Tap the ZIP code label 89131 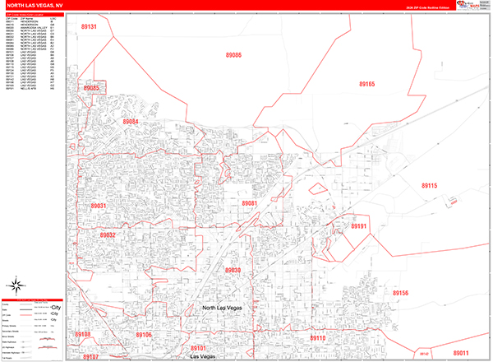click(87, 27)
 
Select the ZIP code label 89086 click(233, 55)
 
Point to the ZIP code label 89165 click(366, 84)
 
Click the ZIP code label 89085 click(90, 88)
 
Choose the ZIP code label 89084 click(131, 122)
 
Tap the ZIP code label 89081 click(250, 202)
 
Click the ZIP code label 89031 click(99, 206)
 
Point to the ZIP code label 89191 click(359, 225)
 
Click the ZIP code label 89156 click(400, 293)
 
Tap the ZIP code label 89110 click(317, 338)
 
